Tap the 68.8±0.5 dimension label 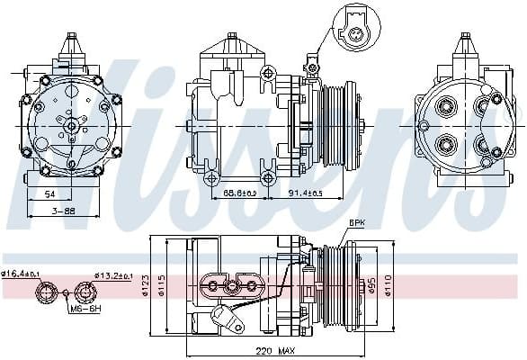coord(240,193)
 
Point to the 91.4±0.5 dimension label coord(307,193)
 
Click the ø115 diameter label coord(163,287)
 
